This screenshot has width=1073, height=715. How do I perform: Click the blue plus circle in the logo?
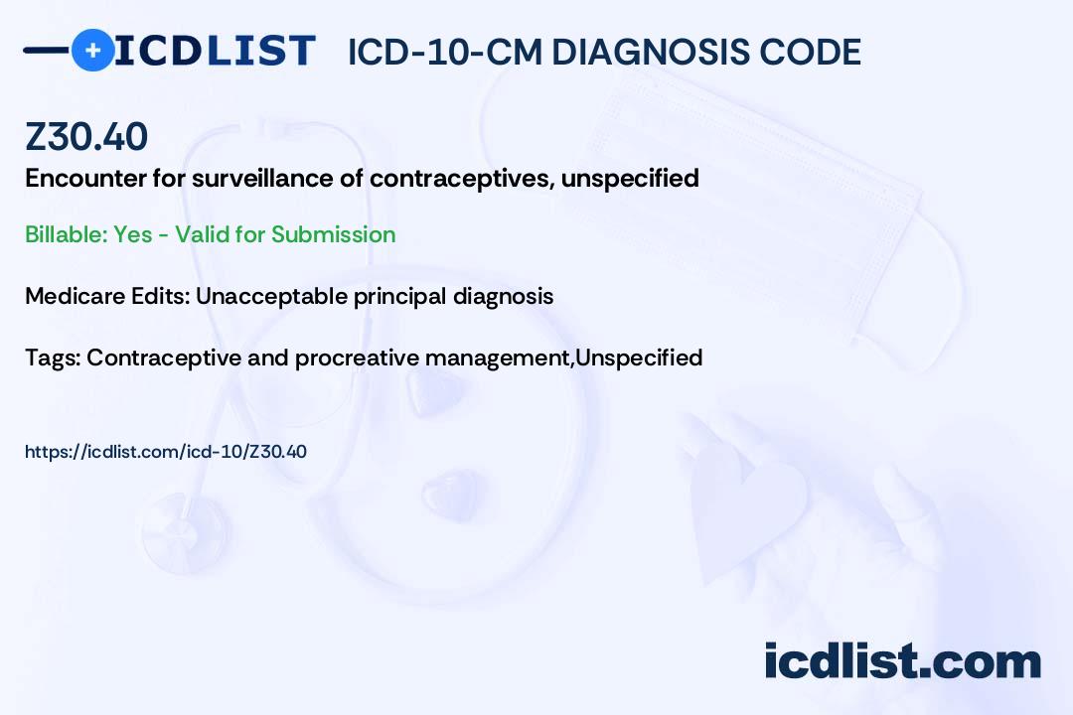point(92,51)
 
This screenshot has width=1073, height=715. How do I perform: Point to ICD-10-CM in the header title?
point(445,53)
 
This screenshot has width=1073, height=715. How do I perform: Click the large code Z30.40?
point(86,136)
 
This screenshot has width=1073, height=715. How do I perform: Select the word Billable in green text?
point(66,234)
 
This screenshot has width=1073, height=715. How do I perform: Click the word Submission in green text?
point(333,234)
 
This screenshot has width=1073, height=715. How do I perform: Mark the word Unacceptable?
point(271,296)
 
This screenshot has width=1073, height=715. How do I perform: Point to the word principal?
point(399,297)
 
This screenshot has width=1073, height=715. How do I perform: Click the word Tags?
point(53,357)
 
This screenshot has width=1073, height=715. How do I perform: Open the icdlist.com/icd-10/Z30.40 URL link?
point(166,452)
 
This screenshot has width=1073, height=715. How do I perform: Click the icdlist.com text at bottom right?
point(902,661)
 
